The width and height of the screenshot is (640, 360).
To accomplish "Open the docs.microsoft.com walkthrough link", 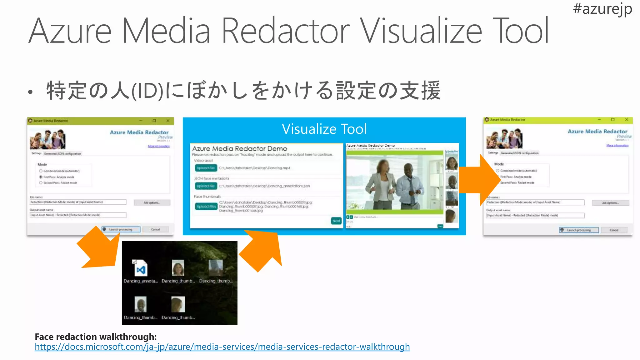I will (222, 347).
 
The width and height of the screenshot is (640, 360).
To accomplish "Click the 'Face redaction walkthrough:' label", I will (96, 337).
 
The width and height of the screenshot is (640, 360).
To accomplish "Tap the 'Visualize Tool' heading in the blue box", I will (324, 129).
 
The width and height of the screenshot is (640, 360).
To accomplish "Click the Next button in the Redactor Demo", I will (336, 221).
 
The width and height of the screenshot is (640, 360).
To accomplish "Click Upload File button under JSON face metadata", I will (206, 186).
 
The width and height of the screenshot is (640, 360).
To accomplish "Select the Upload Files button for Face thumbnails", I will (206, 206).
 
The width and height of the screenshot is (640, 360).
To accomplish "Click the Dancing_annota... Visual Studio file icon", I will (141, 268).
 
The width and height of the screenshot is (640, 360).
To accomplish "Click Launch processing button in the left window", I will (121, 229).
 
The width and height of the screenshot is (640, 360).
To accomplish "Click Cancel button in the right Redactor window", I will (614, 230).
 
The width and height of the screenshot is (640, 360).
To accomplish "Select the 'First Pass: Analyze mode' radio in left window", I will (41, 177).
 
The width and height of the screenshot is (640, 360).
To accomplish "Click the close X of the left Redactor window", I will (168, 121).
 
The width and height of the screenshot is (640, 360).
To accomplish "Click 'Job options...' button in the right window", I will (610, 203).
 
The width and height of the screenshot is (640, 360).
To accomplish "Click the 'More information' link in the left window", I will (159, 146).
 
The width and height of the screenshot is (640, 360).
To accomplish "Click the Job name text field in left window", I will (78, 202).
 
